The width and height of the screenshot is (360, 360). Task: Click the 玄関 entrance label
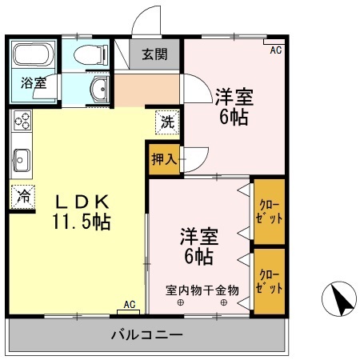tap(155, 55)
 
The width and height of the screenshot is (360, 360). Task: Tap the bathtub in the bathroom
tap(33, 56)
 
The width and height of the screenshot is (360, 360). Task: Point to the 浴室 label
tap(33, 82)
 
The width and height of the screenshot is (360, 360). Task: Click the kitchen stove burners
tap(22, 122)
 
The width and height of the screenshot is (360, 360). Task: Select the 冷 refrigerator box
tap(23, 195)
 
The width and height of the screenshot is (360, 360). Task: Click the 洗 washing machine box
tap(167, 124)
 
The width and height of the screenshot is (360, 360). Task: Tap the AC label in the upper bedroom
tap(276, 50)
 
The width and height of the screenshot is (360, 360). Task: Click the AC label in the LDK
tap(130, 305)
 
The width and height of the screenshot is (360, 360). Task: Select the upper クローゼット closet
tap(268, 212)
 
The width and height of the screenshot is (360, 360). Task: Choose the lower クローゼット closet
tap(268, 282)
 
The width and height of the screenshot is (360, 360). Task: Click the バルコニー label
tap(146, 334)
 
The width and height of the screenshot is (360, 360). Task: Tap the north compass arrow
tap(341, 301)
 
